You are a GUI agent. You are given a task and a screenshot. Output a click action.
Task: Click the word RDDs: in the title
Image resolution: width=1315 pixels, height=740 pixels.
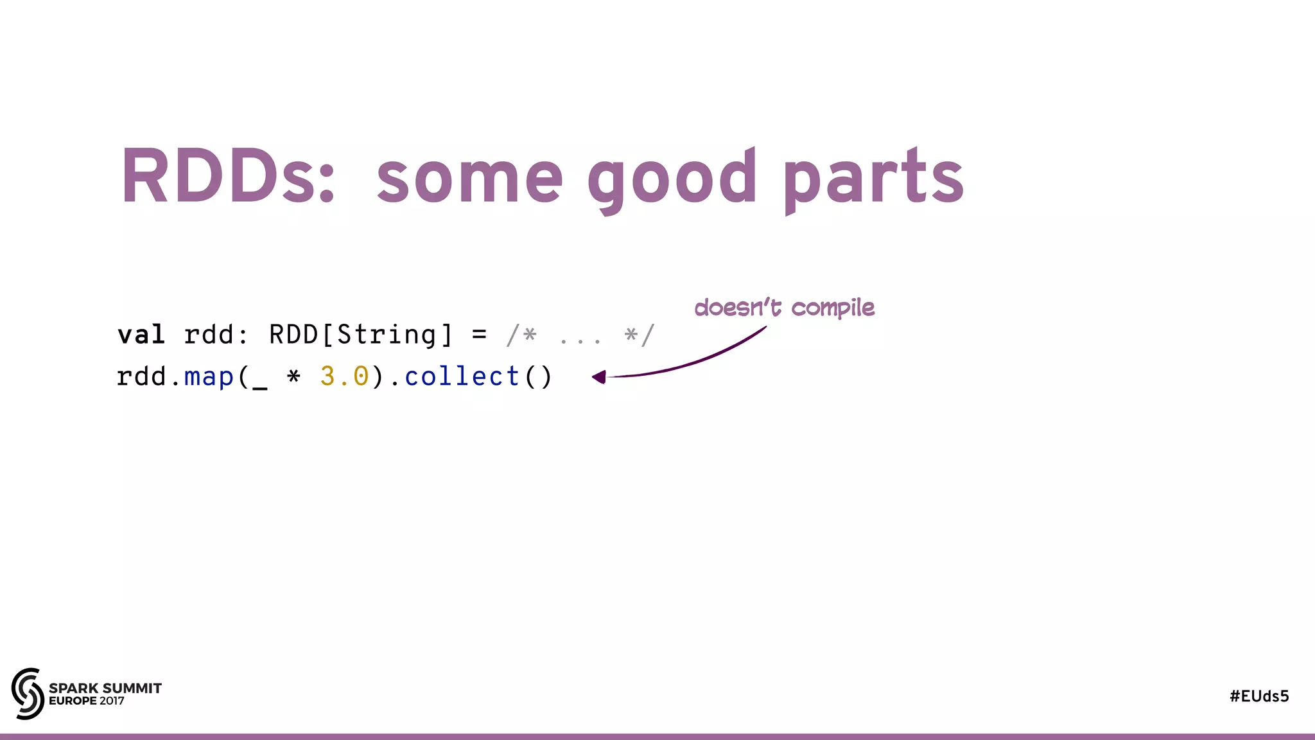(x=228, y=176)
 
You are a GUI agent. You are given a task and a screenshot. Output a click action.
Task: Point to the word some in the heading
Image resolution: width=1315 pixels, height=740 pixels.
(x=469, y=180)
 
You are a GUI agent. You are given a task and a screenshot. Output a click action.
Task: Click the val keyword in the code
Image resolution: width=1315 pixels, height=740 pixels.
(x=141, y=335)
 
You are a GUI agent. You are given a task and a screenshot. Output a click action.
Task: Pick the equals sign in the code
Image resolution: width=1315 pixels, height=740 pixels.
(x=479, y=335)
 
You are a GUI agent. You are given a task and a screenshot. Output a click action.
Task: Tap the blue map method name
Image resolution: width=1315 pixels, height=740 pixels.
(x=209, y=377)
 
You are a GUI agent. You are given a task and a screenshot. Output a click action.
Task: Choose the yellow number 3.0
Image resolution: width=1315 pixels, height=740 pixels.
(x=345, y=376)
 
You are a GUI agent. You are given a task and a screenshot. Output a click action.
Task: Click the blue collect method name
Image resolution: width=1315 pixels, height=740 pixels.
(x=462, y=376)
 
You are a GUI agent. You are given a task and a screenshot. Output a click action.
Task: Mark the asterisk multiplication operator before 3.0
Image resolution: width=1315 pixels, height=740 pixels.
(x=293, y=376)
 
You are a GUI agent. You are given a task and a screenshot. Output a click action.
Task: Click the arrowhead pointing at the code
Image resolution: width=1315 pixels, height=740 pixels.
(x=599, y=377)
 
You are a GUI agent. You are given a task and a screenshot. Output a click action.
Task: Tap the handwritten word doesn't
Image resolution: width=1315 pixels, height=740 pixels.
(x=738, y=308)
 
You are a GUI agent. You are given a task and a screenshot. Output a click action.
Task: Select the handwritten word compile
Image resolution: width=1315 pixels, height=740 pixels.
(x=833, y=308)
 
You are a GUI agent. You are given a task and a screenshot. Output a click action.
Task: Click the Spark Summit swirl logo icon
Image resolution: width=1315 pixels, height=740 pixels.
(x=28, y=694)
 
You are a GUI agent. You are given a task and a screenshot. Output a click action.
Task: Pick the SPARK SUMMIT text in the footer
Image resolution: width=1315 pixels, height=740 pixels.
(x=105, y=688)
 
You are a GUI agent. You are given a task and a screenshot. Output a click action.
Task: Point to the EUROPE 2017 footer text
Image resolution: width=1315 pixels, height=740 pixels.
(x=87, y=701)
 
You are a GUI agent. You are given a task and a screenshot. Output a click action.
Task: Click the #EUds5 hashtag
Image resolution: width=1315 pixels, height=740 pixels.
(x=1259, y=696)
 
